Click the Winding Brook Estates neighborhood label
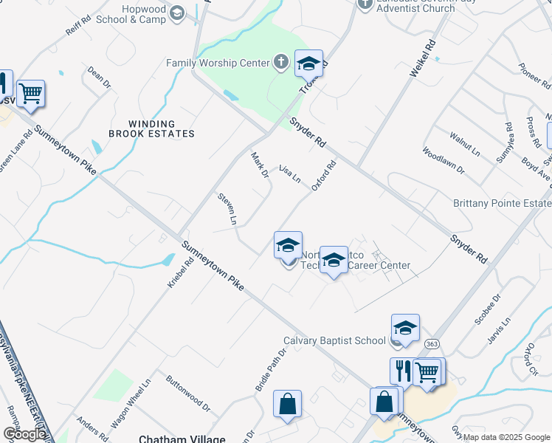click(151, 128)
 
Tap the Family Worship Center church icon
click(280, 63)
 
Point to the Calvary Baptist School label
click(334, 341)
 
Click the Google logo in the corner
click(24, 434)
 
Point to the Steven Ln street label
click(227, 209)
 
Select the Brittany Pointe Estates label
click(502, 203)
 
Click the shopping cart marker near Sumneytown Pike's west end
click(30, 94)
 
